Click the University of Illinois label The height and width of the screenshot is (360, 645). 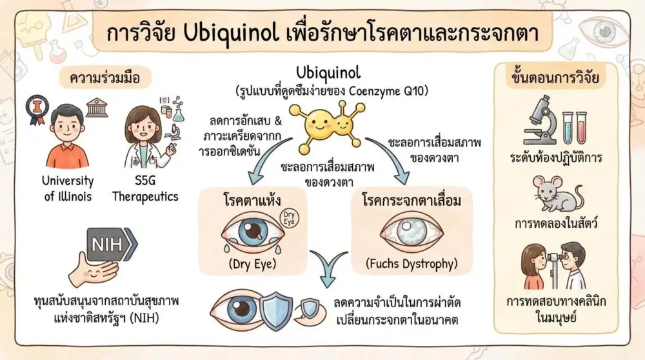tap(68, 188)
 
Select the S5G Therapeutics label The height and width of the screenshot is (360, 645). tap(145, 188)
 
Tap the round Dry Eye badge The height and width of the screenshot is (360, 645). tap(289, 218)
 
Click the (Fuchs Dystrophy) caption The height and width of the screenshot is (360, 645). tap(412, 264)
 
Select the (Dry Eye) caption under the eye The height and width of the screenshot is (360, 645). tap(253, 264)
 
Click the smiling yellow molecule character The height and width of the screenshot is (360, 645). tap(327, 123)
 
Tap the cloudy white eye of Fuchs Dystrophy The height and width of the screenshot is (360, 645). tap(412, 232)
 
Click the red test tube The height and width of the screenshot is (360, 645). tap(581, 128)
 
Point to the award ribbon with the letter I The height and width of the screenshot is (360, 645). tap(37, 109)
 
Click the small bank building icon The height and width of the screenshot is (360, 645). tap(97, 107)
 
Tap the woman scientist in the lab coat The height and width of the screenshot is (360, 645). tap(146, 137)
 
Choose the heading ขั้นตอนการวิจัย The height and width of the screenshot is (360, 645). tap(555, 77)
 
